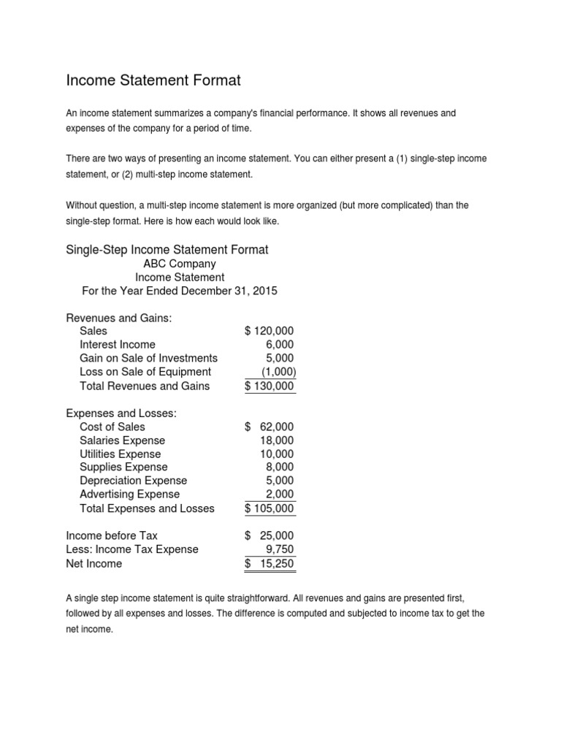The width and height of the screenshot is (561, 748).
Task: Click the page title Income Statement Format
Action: tap(153, 80)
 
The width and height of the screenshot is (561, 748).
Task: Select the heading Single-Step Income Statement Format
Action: tap(167, 250)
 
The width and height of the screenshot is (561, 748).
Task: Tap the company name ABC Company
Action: tap(180, 264)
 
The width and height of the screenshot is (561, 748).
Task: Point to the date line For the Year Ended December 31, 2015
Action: tap(180, 291)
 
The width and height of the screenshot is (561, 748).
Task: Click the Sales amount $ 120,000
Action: tap(270, 331)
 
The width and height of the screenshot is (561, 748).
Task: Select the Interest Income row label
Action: tap(118, 344)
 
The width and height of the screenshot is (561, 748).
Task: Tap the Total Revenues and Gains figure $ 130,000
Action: tap(270, 386)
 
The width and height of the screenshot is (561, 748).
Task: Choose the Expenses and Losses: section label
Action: tap(121, 413)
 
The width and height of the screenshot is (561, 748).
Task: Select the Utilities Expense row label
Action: tap(121, 454)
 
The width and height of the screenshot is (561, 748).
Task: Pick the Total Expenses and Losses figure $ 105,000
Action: tap(270, 508)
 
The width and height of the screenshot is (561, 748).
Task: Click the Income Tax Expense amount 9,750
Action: tap(280, 549)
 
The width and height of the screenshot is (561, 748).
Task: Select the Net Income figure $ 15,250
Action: tap(270, 564)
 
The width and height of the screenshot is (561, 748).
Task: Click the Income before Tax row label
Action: tap(112, 535)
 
